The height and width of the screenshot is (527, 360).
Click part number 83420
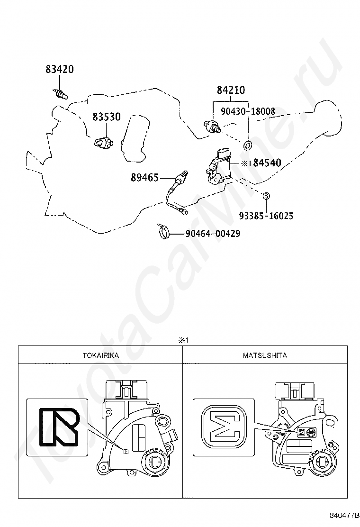[59, 69]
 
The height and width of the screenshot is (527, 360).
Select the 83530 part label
[107, 117]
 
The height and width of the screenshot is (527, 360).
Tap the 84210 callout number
[231, 90]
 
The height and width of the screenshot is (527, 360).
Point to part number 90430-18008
[248, 111]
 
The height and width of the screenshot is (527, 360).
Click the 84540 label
[267, 163]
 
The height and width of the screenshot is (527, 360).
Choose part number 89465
[144, 177]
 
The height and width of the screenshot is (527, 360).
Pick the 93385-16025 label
[266, 216]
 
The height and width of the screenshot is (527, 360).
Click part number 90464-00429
[213, 233]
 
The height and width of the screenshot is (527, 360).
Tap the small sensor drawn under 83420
[61, 94]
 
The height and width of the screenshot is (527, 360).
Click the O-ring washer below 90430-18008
[248, 145]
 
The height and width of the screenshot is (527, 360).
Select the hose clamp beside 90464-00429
[163, 231]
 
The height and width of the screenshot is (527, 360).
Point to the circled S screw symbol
[265, 195]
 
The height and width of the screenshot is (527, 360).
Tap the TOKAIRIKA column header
[101, 355]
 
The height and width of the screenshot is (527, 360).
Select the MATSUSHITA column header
[265, 355]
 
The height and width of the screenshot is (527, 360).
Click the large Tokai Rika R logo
[59, 427]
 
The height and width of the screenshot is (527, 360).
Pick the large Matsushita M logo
[224, 427]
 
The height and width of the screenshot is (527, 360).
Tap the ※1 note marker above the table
[183, 340]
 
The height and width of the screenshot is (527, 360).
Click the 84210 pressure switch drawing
[213, 127]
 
